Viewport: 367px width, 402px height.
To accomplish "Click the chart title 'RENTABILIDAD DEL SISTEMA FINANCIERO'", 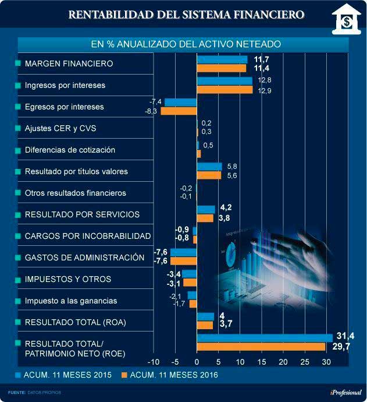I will [186, 14].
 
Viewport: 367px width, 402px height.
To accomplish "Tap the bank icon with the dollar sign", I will [345, 21].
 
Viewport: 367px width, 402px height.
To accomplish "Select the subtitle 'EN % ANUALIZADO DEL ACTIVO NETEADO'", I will [186, 44].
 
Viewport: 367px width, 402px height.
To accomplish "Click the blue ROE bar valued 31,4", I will [265, 337].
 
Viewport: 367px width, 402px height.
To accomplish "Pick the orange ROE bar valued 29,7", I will [261, 347].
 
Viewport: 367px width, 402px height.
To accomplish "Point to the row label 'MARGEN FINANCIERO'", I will [69, 63].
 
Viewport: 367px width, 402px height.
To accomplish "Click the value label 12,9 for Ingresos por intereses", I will [265, 90].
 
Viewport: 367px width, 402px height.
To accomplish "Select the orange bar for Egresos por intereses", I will [179, 111].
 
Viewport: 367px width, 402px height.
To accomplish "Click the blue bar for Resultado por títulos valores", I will [209, 167].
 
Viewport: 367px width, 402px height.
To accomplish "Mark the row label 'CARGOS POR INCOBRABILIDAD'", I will [88, 236].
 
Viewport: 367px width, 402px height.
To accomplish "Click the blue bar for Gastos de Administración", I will [183, 252].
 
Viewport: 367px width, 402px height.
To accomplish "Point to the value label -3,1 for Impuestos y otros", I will [173, 283].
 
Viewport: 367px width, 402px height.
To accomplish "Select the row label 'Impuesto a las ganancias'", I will [71, 301].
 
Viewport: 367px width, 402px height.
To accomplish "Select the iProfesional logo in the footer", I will [342, 392].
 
